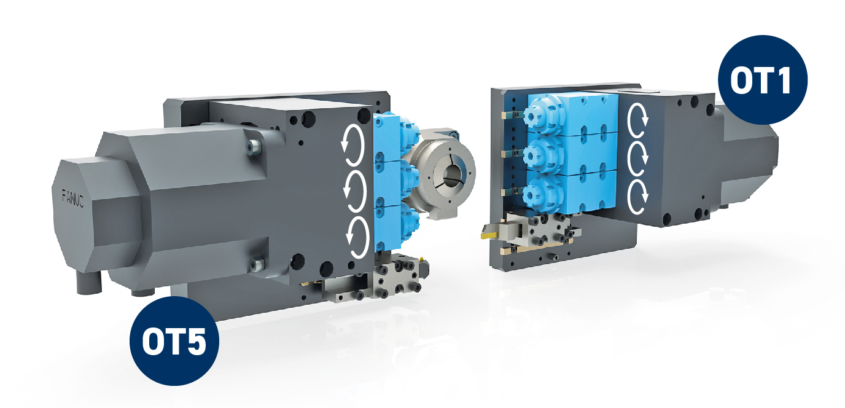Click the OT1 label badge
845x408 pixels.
point(762,80)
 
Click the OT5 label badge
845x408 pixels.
point(174,341)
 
